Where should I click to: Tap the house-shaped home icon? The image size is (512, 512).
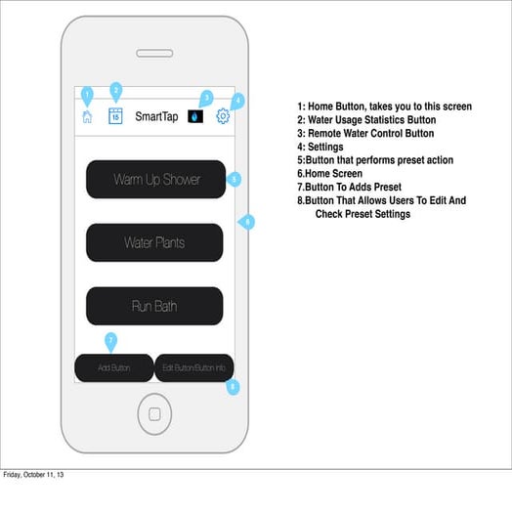pos(87,116)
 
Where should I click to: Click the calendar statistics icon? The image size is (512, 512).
pos(115,115)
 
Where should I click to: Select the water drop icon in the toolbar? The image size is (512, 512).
pos(195,116)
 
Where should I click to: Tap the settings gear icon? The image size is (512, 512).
pos(223,115)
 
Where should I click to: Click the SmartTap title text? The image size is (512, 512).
pos(156,116)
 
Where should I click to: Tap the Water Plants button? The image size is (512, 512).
pos(154,242)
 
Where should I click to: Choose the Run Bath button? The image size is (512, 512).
pos(154,306)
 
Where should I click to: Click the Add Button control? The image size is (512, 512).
pos(114,367)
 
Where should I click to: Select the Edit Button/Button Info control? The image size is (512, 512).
pos(193,367)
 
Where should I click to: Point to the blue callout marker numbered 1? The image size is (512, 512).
pos(87,95)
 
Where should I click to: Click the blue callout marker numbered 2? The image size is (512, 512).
pos(115,90)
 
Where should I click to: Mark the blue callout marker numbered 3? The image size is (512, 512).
pos(205,98)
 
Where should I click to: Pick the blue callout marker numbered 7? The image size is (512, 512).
pos(110,340)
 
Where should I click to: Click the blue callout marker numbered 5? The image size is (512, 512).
pos(234,180)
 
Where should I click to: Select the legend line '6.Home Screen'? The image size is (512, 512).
pos(329,173)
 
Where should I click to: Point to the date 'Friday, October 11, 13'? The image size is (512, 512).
pos(35,476)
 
